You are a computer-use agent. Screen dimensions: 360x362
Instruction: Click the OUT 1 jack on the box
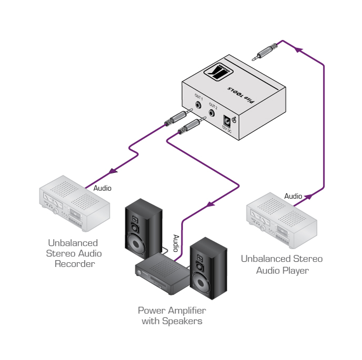[198, 104]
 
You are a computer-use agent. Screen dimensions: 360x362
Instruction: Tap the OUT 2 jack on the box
[213, 112]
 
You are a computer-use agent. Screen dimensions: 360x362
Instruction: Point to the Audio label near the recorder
[102, 188]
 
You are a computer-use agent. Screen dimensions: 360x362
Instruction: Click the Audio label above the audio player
[294, 196]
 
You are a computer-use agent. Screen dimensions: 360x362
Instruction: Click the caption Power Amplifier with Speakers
[172, 315]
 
